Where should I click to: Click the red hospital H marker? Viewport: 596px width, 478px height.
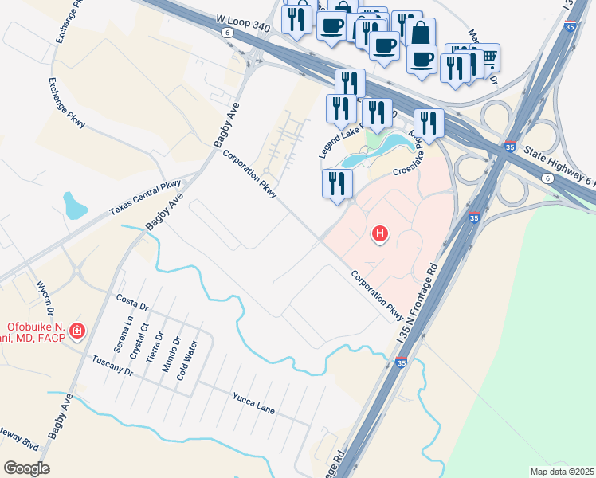381,233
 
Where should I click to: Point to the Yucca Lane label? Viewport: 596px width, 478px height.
254,403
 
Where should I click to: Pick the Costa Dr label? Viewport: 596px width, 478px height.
132,304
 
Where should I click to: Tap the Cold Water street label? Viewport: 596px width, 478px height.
190,360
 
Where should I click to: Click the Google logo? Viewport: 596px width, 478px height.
26,468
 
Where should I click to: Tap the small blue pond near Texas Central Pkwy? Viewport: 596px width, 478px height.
76,206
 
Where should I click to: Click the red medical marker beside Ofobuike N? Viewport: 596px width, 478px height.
77,330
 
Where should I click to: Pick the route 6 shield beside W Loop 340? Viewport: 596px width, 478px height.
229,33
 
